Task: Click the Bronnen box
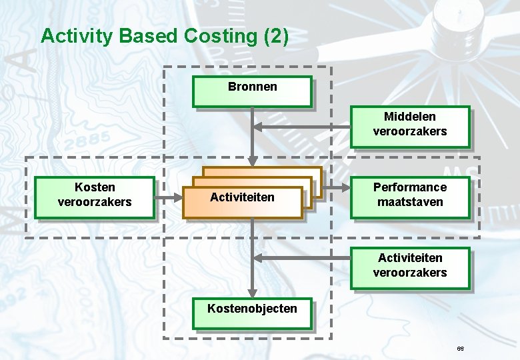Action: tap(252, 91)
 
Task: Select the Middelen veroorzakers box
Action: tap(410, 126)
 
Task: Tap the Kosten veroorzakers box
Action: tap(95, 197)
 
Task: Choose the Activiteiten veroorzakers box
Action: tap(410, 268)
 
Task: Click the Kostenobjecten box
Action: tap(252, 313)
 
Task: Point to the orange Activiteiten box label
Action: tap(242, 197)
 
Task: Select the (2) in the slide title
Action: tap(275, 36)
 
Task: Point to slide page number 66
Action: tap(460, 349)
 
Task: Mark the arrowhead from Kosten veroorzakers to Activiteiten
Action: tap(179, 197)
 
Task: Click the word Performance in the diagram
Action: tap(410, 187)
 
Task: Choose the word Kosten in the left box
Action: tap(95, 187)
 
